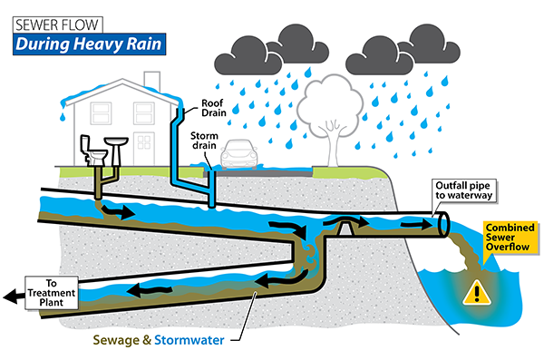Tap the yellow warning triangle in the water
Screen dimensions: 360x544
[x=473, y=292]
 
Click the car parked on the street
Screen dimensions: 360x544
[x=241, y=155]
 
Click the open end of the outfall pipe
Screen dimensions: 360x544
[x=445, y=222]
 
